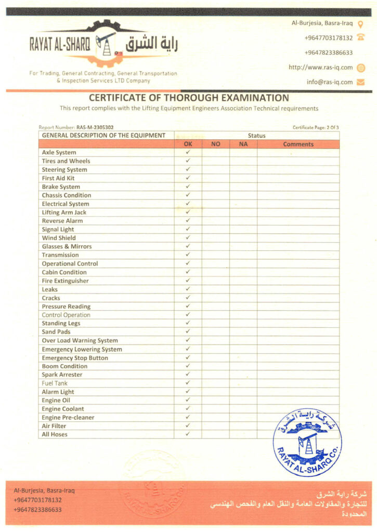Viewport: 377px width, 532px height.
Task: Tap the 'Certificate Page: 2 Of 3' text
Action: tap(316, 127)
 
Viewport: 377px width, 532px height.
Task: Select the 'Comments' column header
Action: tap(298, 144)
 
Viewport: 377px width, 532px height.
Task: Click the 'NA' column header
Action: tap(243, 144)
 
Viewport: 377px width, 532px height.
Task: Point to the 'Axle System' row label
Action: tap(59, 153)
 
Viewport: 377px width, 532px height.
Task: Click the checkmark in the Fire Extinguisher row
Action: tap(188, 281)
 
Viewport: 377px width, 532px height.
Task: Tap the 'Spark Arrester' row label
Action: tap(62, 375)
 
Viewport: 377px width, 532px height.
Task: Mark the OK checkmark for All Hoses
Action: tap(188, 434)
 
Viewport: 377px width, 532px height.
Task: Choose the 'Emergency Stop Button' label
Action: tap(75, 358)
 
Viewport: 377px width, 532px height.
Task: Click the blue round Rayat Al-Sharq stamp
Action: tap(307, 442)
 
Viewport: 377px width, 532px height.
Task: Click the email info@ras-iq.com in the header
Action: tap(329, 82)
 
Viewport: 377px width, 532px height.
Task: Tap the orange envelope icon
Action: tap(361, 82)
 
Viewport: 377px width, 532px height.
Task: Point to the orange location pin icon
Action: tap(360, 23)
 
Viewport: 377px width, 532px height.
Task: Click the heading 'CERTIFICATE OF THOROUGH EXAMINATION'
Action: tap(189, 98)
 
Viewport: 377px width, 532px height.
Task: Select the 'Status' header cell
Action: tap(256, 136)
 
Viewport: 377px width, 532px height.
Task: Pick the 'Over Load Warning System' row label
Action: tap(80, 341)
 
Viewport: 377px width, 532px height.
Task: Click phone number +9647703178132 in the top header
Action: tap(328, 38)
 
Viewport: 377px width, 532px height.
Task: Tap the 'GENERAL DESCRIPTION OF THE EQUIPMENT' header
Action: tap(103, 136)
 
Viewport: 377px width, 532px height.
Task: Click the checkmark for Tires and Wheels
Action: tap(188, 161)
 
